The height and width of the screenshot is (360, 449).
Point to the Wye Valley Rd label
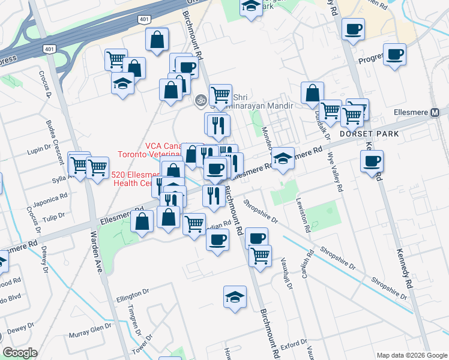(335, 172)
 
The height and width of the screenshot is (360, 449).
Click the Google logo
(20, 352)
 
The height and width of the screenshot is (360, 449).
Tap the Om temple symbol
(200, 101)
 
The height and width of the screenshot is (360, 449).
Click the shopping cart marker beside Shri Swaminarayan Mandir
(221, 94)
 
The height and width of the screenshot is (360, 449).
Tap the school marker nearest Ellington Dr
(235, 296)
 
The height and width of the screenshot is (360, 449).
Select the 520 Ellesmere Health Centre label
(136, 179)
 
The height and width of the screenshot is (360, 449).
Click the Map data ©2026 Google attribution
(411, 355)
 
